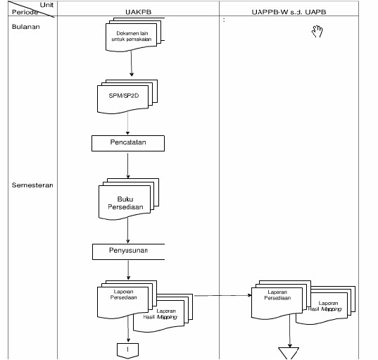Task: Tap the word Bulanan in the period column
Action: [x=25, y=27]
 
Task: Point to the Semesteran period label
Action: [x=32, y=185]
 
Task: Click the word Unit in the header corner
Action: [x=46, y=5]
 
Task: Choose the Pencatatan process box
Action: [x=127, y=143]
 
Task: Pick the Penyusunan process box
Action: [x=127, y=250]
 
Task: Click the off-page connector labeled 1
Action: [x=127, y=348]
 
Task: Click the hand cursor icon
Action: [x=317, y=30]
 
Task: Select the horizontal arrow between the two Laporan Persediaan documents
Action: [x=222, y=296]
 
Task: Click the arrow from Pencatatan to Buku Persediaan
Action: [x=127, y=164]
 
